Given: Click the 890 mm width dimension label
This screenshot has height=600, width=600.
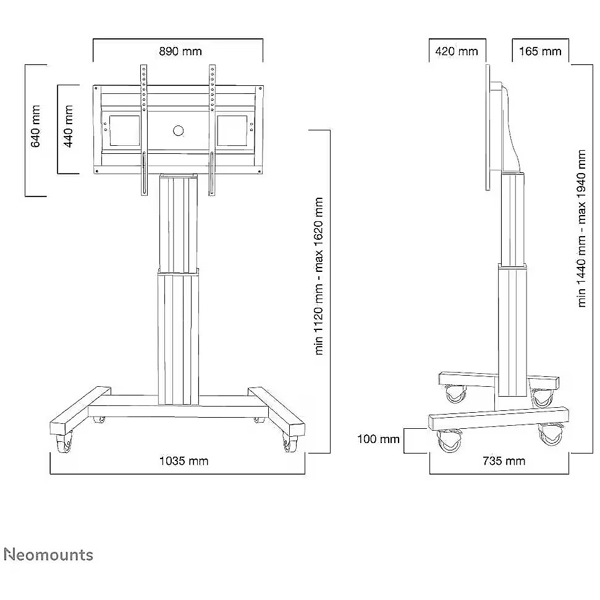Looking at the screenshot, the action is click(180, 51).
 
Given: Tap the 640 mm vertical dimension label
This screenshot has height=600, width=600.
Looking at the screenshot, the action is click(35, 126).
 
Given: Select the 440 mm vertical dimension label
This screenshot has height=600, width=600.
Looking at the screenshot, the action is click(68, 126).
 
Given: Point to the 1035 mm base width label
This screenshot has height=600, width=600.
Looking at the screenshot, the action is click(184, 461).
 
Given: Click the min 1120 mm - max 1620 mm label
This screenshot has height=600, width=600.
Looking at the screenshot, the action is click(319, 276).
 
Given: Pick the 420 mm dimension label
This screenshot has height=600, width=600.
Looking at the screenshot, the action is click(457, 51).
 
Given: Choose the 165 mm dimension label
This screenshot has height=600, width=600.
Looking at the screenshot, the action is click(540, 51).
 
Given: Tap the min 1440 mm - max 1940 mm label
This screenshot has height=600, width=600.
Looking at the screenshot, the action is click(581, 229).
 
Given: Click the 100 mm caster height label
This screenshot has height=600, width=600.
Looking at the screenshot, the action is click(378, 439).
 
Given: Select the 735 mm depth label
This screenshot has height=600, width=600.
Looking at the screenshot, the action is click(504, 461).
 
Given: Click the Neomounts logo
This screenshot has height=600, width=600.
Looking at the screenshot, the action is click(49, 555).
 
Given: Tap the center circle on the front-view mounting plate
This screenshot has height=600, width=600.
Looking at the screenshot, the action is click(179, 131).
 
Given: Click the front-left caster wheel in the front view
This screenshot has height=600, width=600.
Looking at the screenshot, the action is click(64, 444).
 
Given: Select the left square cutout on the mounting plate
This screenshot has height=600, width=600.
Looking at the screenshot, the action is click(125, 131).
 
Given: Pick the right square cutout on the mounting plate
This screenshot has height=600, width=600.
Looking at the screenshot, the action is click(232, 131).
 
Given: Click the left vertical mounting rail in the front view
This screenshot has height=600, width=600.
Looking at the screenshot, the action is click(143, 130).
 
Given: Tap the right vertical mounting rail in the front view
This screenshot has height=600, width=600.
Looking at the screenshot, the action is click(212, 130).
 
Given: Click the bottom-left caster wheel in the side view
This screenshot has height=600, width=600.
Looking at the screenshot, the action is click(449, 441).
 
